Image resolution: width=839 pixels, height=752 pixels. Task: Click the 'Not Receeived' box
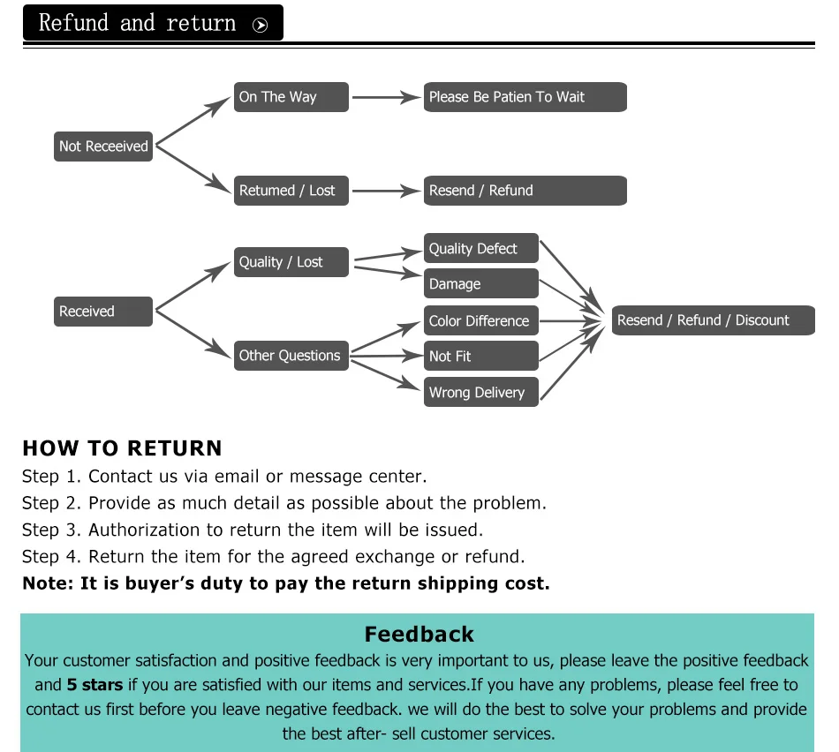tap(103, 147)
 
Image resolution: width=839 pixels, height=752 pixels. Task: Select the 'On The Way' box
tap(291, 97)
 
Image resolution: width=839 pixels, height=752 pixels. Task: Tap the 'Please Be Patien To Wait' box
tap(525, 97)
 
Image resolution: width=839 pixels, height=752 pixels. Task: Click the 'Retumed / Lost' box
tap(291, 191)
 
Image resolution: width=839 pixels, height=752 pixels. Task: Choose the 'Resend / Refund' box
tap(525, 191)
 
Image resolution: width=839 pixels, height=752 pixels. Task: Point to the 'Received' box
tap(103, 312)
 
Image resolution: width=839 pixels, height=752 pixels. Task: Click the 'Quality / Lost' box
tap(291, 262)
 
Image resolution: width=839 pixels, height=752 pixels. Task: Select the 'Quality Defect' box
tap(480, 249)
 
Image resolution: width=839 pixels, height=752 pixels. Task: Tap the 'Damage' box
tap(480, 284)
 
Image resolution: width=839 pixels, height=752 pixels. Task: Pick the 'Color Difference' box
tap(480, 320)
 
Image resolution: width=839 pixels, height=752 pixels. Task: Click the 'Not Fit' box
tap(480, 357)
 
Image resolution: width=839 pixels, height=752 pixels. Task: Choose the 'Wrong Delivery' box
tap(480, 393)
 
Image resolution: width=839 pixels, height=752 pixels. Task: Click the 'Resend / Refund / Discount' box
tap(713, 320)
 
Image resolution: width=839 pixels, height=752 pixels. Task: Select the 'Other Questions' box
tap(291, 356)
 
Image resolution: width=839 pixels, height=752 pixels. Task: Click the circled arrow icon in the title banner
tap(260, 25)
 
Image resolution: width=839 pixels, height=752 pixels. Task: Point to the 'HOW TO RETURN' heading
tap(122, 448)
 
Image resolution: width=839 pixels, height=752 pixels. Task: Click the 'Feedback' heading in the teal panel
tap(419, 635)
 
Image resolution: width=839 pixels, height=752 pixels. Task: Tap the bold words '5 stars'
tap(94, 685)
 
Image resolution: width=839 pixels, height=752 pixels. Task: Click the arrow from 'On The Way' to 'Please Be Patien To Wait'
tap(386, 97)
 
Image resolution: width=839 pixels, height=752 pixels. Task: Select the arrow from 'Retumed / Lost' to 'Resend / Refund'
tap(386, 191)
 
